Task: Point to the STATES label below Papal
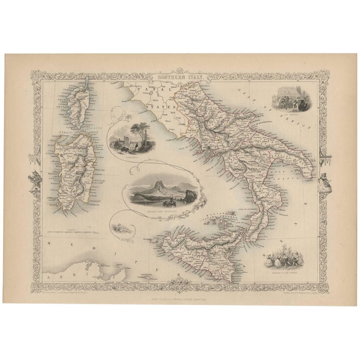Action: [156, 107]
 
